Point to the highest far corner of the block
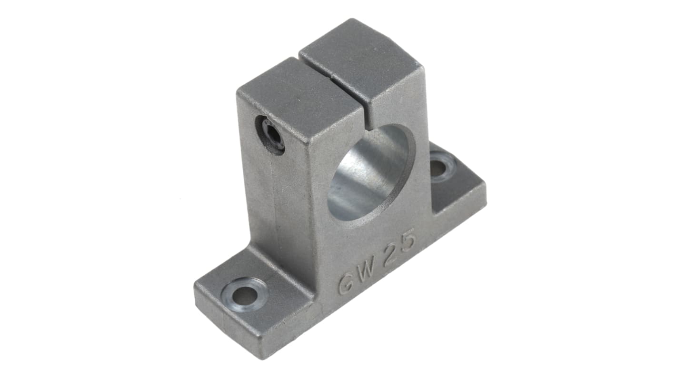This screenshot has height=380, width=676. [x=353, y=20]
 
